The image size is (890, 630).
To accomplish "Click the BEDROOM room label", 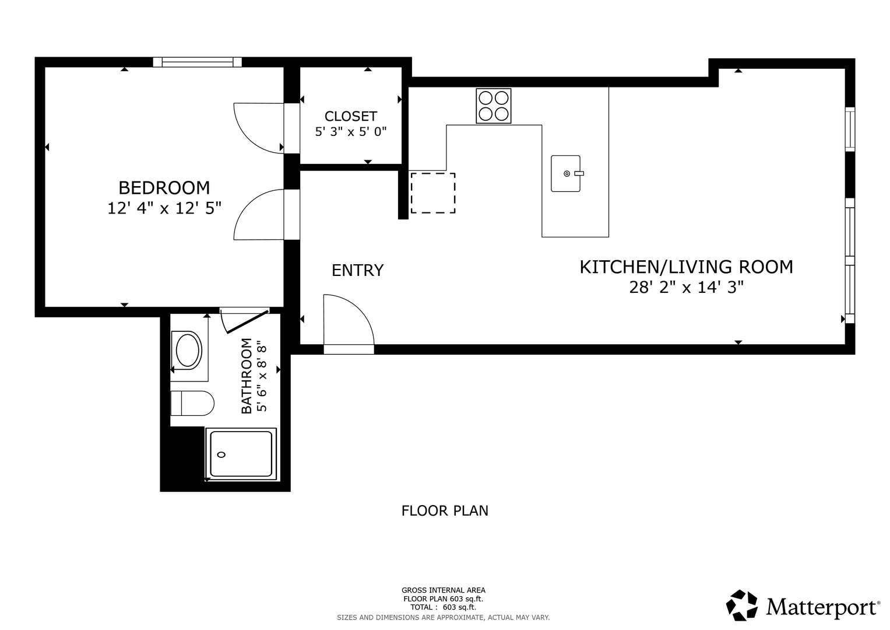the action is (x=164, y=188).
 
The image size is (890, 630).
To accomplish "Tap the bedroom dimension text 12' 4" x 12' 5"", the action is (x=164, y=208).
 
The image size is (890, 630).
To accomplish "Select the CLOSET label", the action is (x=350, y=116).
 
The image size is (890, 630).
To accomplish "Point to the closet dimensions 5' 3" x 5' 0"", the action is (x=350, y=131).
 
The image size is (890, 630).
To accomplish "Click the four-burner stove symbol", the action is (x=494, y=106).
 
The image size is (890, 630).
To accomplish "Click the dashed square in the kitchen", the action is (x=432, y=193).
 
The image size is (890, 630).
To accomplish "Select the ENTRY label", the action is (x=358, y=271).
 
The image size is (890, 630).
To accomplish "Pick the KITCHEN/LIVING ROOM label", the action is (x=686, y=267).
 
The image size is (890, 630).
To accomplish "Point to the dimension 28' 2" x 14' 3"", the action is (x=686, y=287).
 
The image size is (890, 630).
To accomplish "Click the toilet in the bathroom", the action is (x=192, y=403).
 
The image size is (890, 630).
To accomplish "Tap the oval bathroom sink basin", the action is (x=189, y=351).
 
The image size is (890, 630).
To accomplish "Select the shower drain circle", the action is (x=221, y=454).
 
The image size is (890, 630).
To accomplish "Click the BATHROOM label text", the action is (x=247, y=376).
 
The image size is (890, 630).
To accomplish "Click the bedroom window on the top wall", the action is (x=197, y=62).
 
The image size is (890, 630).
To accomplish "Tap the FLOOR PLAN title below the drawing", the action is (x=445, y=510).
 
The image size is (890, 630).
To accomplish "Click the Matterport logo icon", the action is (x=742, y=605).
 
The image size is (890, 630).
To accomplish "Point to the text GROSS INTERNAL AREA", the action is (x=444, y=590).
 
